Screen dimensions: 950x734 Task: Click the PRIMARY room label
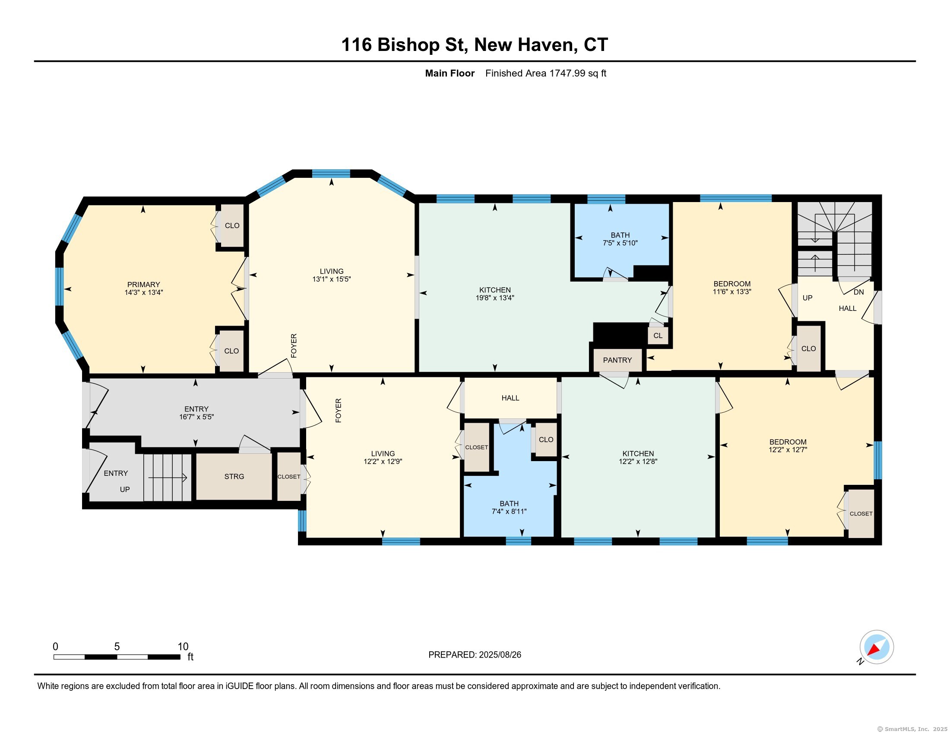[143, 285]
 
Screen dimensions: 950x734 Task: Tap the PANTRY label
[617, 360]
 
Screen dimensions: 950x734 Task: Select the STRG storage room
[234, 477]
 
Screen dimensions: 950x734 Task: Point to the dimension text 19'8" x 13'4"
[495, 298]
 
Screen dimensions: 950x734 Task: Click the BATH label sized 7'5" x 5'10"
[620, 235]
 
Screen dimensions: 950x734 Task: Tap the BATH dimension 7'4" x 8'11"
[509, 511]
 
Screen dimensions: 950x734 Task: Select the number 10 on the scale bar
[183, 647]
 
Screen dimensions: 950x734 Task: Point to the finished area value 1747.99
[567, 73]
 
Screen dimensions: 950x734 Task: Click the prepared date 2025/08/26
[500, 655]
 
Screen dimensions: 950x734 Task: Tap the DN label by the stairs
[858, 292]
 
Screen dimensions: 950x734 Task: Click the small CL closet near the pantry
[658, 335]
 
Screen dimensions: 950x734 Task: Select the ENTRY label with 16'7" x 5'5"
[196, 409]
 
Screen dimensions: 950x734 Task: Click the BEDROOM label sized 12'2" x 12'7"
[788, 442]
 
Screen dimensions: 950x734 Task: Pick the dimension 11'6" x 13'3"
[732, 292]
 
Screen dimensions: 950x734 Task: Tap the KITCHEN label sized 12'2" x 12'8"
[638, 453]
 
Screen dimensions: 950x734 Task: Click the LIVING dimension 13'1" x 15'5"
[332, 279]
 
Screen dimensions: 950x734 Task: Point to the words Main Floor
[450, 73]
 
